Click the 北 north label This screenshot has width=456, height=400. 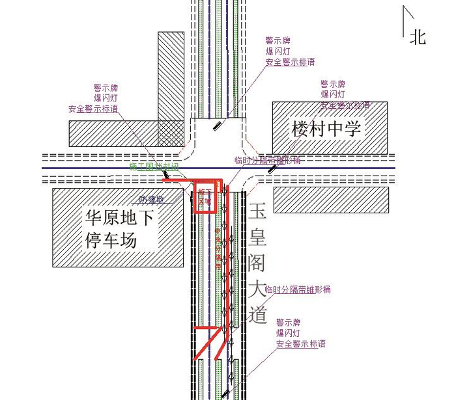click(x=418, y=38)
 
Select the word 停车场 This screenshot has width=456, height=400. click(x=111, y=240)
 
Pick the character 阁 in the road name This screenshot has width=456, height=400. click(x=258, y=263)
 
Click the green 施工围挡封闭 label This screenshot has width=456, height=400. click(x=153, y=167)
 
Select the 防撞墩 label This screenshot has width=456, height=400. click(x=151, y=200)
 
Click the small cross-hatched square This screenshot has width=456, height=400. click(x=171, y=133)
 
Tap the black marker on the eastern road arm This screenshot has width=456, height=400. click(x=272, y=167)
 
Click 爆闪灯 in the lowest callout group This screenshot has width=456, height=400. click(x=289, y=333)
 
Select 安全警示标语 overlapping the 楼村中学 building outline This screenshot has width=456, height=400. click(x=345, y=105)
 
